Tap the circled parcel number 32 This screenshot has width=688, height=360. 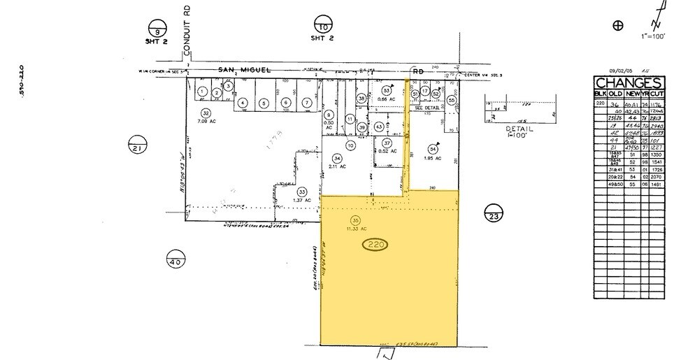point(206,113)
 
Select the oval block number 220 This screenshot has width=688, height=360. point(377,245)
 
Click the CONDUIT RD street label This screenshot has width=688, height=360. point(187,35)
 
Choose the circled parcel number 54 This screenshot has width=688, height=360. point(433,148)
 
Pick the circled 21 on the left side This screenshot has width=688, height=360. point(136,146)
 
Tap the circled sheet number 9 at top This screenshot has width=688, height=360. point(157,29)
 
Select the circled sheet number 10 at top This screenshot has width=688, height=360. point(323,24)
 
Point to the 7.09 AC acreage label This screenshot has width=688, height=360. point(206,121)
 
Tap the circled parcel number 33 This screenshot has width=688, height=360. point(302,192)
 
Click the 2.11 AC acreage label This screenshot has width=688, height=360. point(338,166)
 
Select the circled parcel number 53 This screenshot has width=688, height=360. point(386,90)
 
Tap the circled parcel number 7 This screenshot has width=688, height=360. point(306,103)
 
